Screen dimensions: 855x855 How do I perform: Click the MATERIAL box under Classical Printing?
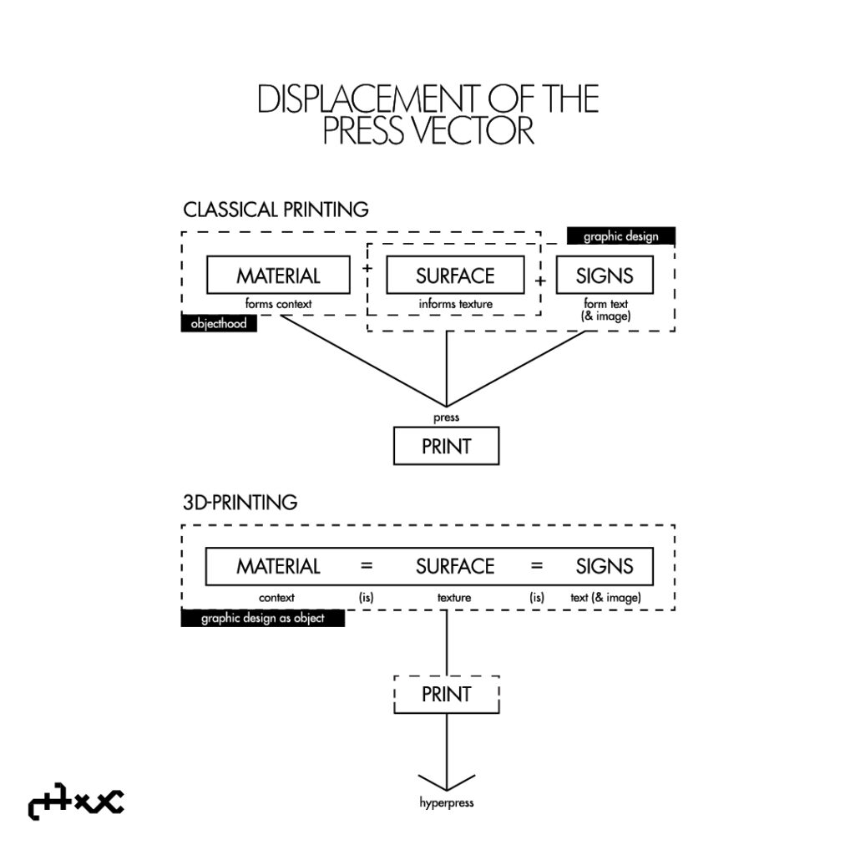tap(278, 275)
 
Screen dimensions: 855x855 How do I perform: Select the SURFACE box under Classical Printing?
tap(455, 275)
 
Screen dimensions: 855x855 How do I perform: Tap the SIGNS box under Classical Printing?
tap(605, 275)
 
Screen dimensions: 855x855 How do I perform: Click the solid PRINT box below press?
tap(446, 446)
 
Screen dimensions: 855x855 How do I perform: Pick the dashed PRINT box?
tap(446, 694)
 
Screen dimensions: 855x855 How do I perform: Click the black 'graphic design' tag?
tap(620, 236)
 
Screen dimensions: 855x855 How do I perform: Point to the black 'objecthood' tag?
tap(219, 324)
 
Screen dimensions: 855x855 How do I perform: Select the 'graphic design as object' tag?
tap(262, 619)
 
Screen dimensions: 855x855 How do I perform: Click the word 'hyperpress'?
tap(446, 803)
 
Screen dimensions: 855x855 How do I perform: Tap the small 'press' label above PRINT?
tap(446, 417)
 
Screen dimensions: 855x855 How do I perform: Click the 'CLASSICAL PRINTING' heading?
tap(276, 209)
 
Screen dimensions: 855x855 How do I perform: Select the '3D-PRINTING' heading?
tap(240, 503)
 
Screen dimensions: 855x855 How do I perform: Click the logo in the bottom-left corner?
tap(75, 804)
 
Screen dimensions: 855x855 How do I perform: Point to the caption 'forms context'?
tap(278, 304)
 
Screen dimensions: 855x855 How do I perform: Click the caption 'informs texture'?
tap(455, 304)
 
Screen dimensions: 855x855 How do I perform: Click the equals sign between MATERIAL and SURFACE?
tap(367, 566)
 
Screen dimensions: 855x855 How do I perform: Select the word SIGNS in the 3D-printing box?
tap(605, 566)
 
